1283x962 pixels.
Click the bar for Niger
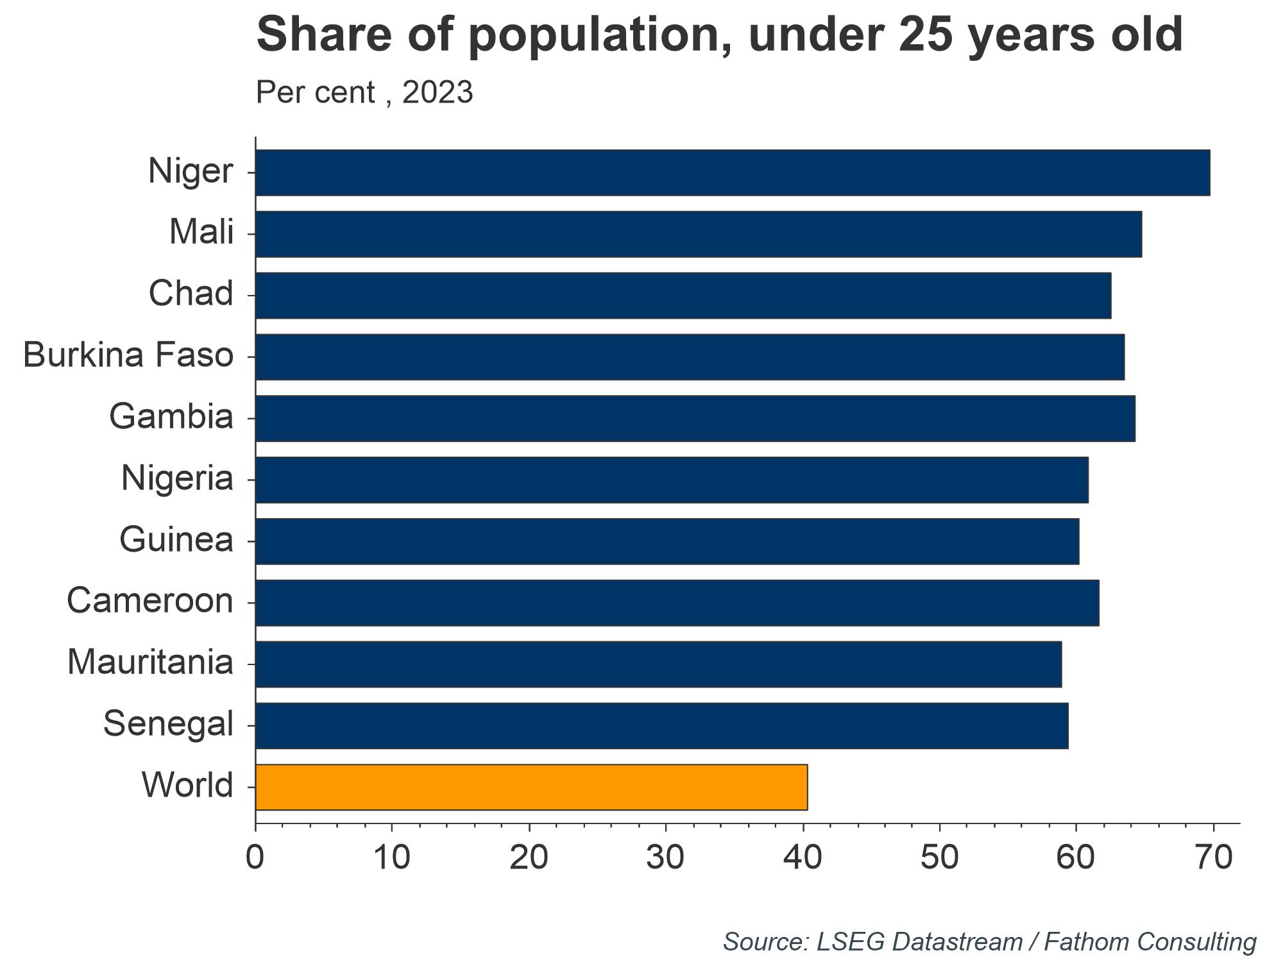click(x=731, y=173)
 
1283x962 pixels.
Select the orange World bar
click(x=531, y=787)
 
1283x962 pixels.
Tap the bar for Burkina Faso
click(x=690, y=357)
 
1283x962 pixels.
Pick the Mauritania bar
click(x=658, y=664)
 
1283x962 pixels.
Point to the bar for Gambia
click(x=695, y=418)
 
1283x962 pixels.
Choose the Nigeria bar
click(x=672, y=480)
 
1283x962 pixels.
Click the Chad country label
click(x=191, y=294)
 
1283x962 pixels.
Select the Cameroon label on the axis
click(x=150, y=602)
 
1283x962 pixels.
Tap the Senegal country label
click(x=168, y=725)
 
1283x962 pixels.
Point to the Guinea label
click(x=176, y=540)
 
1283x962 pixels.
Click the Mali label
click(x=201, y=232)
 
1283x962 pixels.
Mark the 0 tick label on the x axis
click(x=255, y=858)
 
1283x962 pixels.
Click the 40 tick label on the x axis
click(x=803, y=858)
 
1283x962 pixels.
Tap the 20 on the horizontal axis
click(x=529, y=858)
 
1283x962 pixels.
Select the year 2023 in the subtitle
click(x=438, y=92)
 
